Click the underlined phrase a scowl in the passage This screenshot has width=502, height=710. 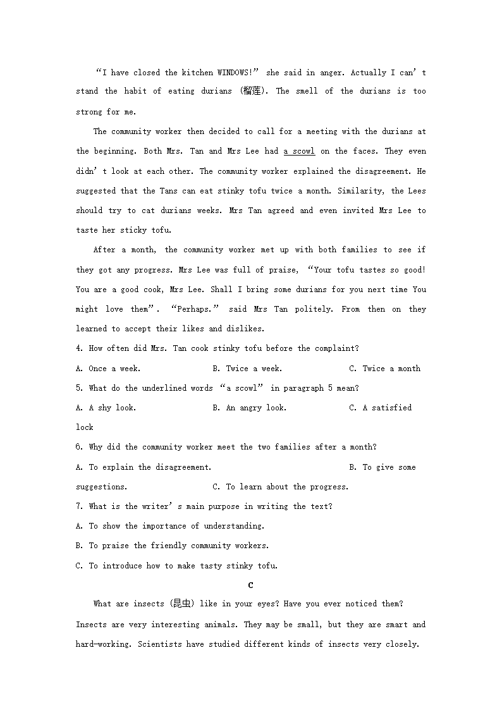tap(299, 151)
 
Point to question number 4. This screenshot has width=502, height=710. tap(79, 348)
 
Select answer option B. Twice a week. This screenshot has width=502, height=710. tap(247, 369)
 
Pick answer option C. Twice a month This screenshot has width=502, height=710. tap(384, 369)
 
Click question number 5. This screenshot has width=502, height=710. tap(79, 388)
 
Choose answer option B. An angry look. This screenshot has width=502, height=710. tap(250, 408)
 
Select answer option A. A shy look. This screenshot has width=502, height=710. tap(106, 408)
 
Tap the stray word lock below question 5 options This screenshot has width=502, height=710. tap(85, 427)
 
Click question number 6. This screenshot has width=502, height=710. tap(79, 447)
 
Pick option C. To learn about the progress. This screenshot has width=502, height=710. tap(281, 487)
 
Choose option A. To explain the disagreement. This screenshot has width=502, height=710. tap(144, 467)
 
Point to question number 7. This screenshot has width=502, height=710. tap(79, 506)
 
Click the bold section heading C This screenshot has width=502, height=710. tap(251, 585)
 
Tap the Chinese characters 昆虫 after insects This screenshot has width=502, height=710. tap(182, 604)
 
